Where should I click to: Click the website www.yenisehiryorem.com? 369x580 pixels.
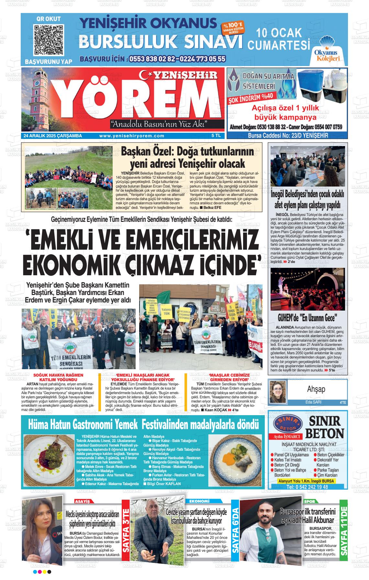[x=132, y=136]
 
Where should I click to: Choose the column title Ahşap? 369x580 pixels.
[x=316, y=389]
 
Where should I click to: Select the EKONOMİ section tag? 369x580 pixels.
[x=199, y=501]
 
